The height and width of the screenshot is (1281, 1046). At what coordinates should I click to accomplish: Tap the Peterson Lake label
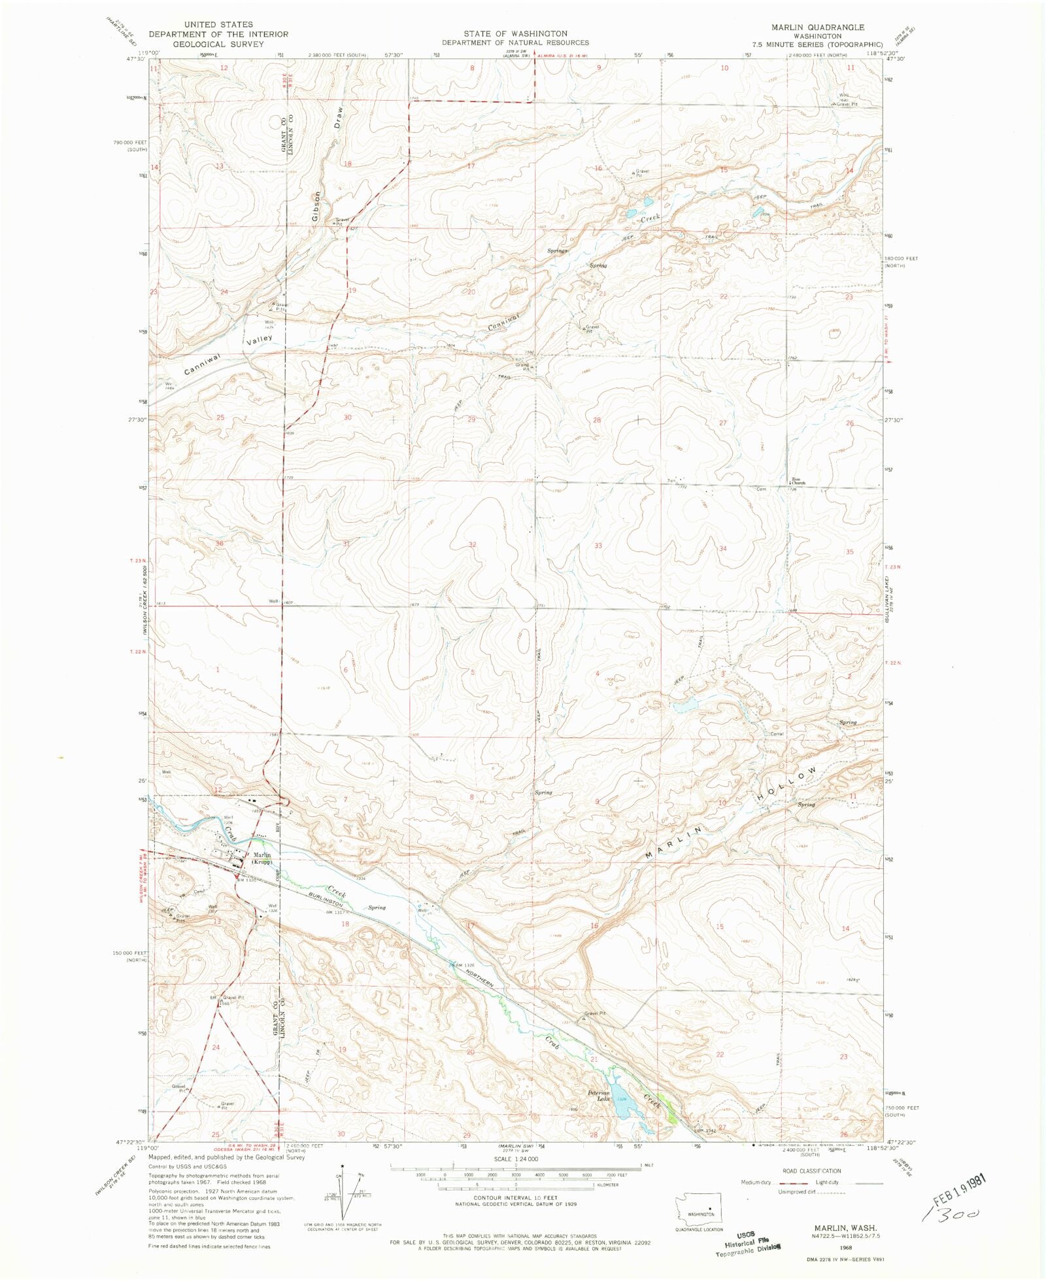tap(598, 1095)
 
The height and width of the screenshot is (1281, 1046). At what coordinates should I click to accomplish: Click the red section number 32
tap(472, 544)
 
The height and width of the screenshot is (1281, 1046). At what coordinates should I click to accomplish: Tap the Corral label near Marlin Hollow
tap(777, 733)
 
